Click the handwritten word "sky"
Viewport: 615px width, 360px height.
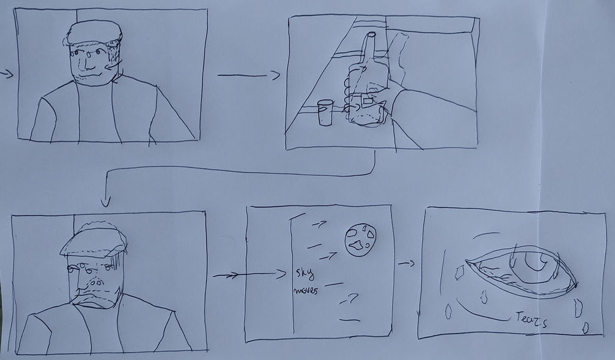click(x=305, y=273)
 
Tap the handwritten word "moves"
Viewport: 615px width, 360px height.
click(x=305, y=291)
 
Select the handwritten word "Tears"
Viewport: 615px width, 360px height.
click(x=531, y=319)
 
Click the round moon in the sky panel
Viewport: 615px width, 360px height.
click(x=361, y=240)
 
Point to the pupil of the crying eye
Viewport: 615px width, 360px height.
click(x=535, y=261)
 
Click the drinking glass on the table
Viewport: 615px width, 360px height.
click(x=325, y=112)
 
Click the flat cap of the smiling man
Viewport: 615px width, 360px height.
click(x=94, y=33)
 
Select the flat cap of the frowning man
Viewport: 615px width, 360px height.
click(x=94, y=243)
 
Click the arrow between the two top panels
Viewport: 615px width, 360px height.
click(x=249, y=75)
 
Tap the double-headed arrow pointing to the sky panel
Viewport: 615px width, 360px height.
click(x=249, y=274)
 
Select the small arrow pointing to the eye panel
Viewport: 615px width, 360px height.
click(x=406, y=263)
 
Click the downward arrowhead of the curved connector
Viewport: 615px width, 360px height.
click(x=106, y=201)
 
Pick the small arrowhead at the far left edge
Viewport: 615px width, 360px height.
click(x=6, y=74)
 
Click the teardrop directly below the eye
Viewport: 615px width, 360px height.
click(x=484, y=297)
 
